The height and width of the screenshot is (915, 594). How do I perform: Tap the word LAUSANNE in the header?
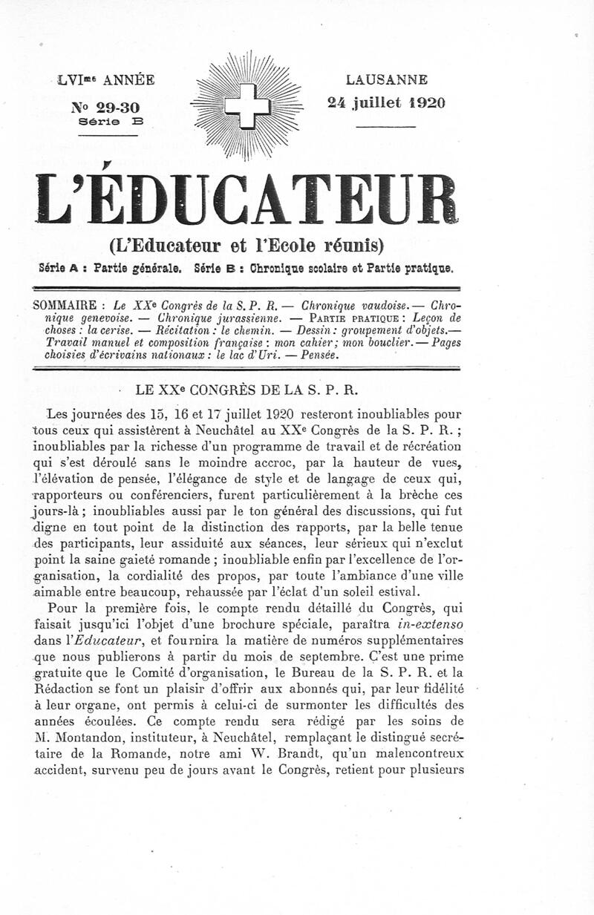point(386,79)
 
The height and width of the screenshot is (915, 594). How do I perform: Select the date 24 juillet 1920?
point(386,103)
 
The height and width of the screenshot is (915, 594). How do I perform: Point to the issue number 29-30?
point(107,108)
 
